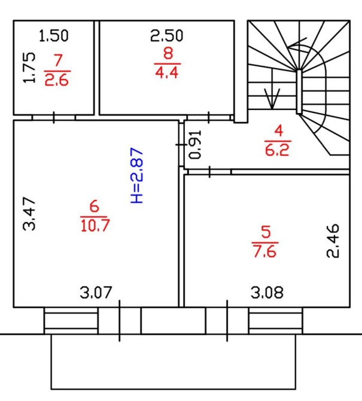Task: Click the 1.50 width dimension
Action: coord(53,35)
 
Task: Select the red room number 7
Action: coord(57,60)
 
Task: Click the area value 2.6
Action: coord(57,80)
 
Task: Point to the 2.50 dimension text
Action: coord(166,35)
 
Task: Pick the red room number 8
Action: coord(168,53)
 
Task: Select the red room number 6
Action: coord(93,207)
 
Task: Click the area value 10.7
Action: coord(93,226)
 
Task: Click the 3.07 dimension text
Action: coord(96,293)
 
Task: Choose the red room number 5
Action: coord(265,231)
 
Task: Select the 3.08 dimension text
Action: coord(267,293)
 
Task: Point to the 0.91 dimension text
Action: coord(195,144)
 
